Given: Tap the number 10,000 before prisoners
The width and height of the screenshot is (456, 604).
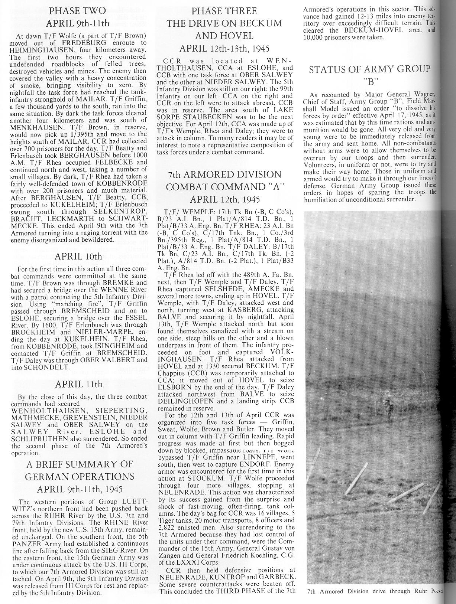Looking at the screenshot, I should coord(314,37).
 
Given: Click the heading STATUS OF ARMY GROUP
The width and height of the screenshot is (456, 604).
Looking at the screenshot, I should coord(369,69).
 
